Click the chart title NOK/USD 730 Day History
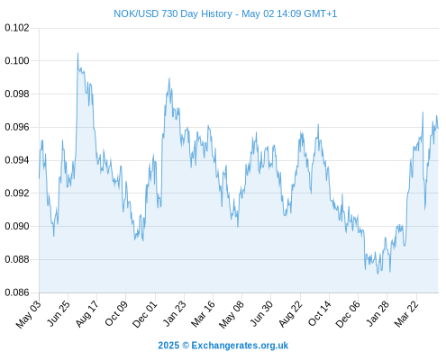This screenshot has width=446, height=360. (173, 13)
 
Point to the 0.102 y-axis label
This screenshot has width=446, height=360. (17, 28)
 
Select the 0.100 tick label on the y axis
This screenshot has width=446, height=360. (17, 60)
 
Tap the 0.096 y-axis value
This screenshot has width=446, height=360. (17, 127)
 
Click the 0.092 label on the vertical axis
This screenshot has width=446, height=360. (17, 193)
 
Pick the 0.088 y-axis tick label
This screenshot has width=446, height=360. (17, 259)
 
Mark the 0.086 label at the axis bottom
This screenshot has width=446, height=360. (17, 292)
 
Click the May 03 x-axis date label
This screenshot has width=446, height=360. (29, 314)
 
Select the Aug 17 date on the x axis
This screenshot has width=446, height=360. (86, 314)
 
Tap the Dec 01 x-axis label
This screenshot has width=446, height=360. (145, 314)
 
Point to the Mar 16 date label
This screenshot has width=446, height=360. (204, 314)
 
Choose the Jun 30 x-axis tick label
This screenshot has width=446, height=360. (261, 314)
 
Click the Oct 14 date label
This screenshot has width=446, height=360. (320, 314)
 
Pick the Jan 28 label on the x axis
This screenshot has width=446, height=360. (378, 314)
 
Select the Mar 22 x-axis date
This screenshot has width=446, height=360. (406, 314)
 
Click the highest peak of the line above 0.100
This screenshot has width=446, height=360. (77, 53)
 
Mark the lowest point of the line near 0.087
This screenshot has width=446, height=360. (378, 274)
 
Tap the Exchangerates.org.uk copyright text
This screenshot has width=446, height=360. (240, 346)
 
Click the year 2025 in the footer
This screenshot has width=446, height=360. (168, 346)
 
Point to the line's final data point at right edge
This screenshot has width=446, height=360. (438, 129)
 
